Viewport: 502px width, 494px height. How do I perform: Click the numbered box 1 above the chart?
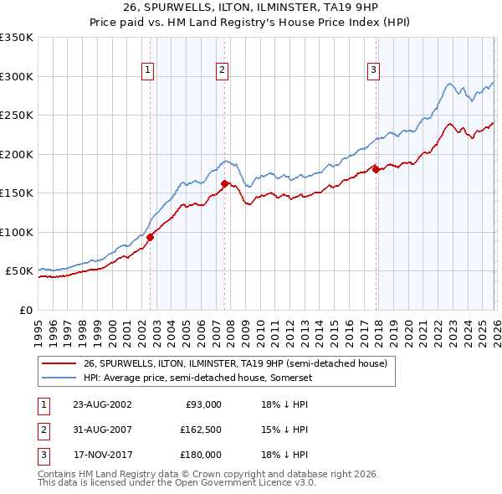tap(147, 70)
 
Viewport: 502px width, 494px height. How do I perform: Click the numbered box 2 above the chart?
tap(222, 70)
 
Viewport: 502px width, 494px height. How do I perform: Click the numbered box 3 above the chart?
tap(373, 70)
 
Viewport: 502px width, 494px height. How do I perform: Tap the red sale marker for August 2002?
tap(151, 237)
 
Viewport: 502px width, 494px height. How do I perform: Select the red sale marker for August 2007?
tap(224, 183)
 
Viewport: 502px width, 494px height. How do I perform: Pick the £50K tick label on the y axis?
tap(20, 271)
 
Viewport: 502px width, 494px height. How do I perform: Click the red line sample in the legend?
tap(59, 364)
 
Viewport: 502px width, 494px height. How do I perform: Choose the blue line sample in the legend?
tap(59, 378)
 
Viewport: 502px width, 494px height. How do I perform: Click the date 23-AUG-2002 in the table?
tap(102, 404)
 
